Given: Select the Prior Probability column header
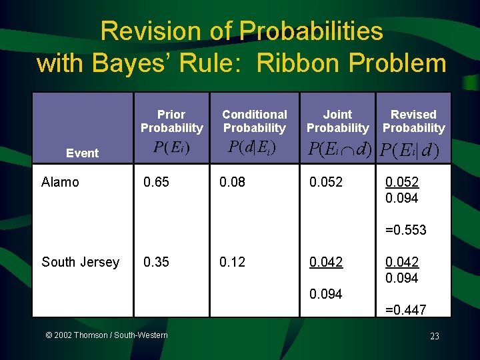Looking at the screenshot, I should tap(171, 121).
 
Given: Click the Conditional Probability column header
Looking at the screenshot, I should tap(254, 121).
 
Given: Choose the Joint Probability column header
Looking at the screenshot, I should tap(337, 121).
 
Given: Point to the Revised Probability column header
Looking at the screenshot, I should tap(413, 121).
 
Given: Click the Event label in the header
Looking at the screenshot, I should tap(82, 153).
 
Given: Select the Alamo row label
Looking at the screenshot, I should tap(60, 182).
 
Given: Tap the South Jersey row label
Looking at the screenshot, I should tap(80, 262).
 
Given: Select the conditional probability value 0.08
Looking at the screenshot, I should tap(233, 182).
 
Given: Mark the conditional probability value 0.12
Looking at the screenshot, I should tap(233, 262).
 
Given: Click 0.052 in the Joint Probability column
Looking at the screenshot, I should tap(325, 182).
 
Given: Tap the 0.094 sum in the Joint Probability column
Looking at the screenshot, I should tap(325, 294).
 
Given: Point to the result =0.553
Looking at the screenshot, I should tap(406, 230).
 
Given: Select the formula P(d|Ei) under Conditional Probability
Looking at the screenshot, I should tap(253, 147).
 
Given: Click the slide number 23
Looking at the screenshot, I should tap(435, 336).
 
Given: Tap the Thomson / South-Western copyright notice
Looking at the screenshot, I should tap(106, 335).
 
